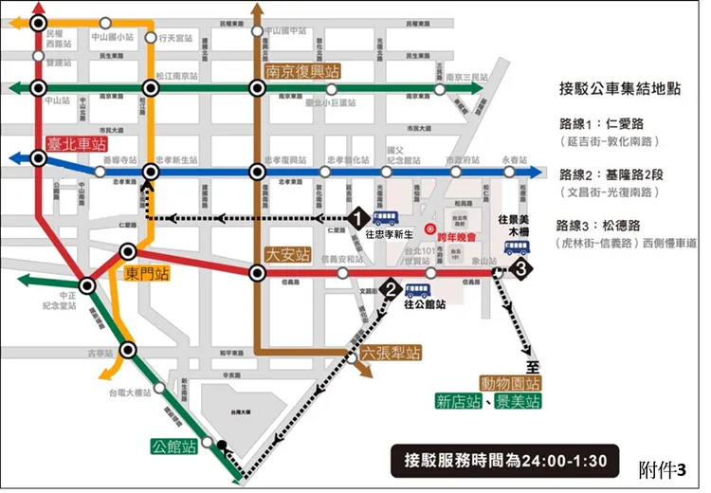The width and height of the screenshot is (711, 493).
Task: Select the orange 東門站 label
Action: click(x=151, y=273)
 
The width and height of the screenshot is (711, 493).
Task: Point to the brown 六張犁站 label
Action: click(x=391, y=353)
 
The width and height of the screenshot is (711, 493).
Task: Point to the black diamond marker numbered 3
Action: click(x=518, y=271)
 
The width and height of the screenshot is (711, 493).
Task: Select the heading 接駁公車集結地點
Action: click(x=616, y=90)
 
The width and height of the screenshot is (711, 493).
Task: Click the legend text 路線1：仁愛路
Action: click(x=607, y=124)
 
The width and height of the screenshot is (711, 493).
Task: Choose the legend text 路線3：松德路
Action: click(x=607, y=226)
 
